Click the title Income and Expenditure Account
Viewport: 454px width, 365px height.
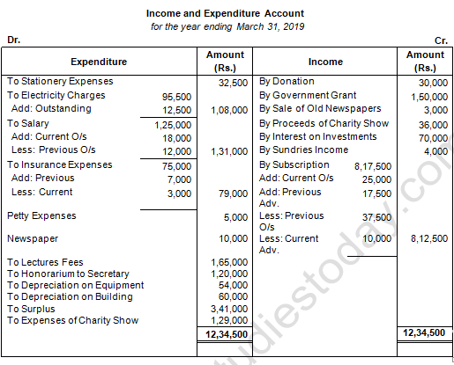(x=227, y=14)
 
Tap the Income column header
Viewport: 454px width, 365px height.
(x=325, y=62)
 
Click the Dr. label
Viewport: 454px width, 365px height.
(x=13, y=40)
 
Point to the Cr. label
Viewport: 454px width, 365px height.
(x=442, y=40)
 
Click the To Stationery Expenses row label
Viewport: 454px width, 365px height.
(x=59, y=82)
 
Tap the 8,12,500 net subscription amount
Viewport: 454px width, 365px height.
(x=428, y=238)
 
